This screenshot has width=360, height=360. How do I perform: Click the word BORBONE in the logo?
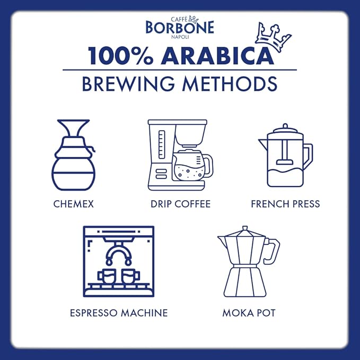coord(180,27)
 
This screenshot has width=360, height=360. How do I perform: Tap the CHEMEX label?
coord(74,204)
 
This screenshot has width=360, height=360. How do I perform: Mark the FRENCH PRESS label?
coord(285,204)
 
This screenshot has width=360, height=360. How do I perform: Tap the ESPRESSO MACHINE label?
coord(119,313)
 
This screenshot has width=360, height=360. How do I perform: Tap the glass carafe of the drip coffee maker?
coord(191,165)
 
